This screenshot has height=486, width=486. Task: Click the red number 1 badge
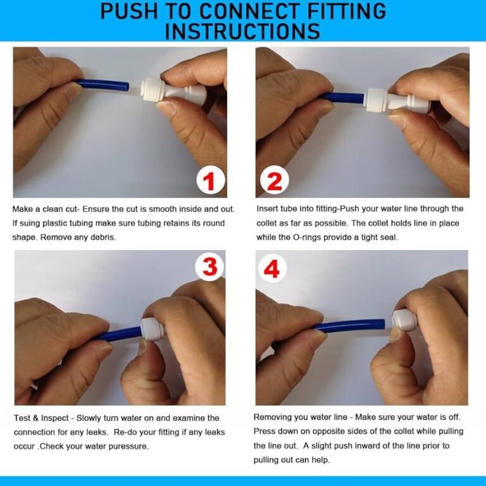click(x=211, y=180)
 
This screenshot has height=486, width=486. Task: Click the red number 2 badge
click(x=274, y=180)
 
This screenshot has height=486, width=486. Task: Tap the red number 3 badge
click(x=210, y=267)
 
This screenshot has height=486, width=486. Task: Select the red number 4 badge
click(x=272, y=268)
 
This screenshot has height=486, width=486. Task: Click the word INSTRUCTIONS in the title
click(x=243, y=31)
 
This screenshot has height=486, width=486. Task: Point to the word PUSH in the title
click(x=129, y=11)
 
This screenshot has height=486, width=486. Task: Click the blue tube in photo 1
click(x=103, y=85)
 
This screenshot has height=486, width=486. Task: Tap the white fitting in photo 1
click(x=173, y=91)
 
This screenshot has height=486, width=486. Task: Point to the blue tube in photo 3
click(x=120, y=333)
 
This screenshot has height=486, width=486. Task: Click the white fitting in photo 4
click(x=404, y=320)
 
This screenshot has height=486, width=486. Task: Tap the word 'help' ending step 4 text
click(x=321, y=460)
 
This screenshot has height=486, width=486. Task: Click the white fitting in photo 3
click(x=151, y=329)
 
